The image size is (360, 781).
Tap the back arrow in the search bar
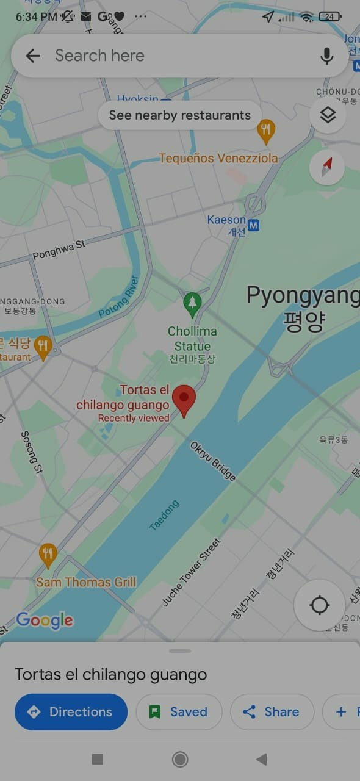coord(33,56)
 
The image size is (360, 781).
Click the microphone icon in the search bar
coord(327,56)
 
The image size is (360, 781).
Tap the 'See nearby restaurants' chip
coord(179,115)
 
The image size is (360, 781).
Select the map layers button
coord(328,115)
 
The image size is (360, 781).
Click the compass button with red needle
coord(327,167)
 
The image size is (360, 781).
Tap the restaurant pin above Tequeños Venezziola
coord(265,129)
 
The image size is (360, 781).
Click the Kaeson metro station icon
coord(254,226)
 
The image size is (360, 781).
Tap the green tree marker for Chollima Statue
coord(193,303)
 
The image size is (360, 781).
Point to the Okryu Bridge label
coord(213,461)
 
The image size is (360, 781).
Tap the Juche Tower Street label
coord(192,572)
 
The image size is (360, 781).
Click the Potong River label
coord(119,297)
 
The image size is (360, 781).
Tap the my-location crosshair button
coord(319,605)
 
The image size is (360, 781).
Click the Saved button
coord(179,711)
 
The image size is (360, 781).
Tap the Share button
coord(272,711)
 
